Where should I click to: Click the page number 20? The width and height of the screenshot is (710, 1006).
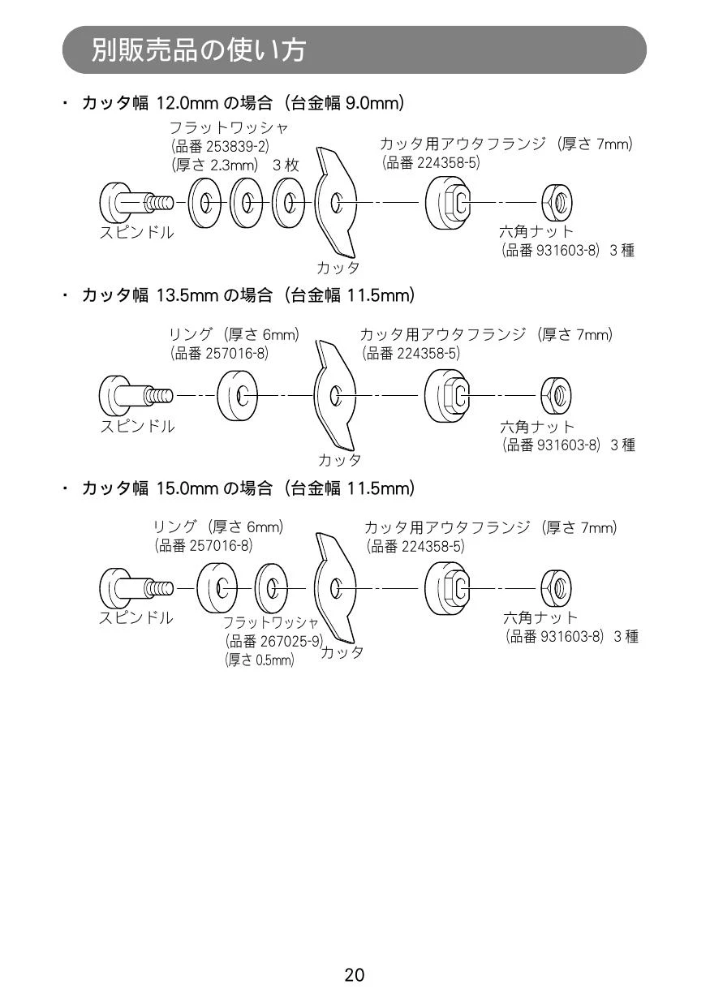pyautogui.click(x=355, y=974)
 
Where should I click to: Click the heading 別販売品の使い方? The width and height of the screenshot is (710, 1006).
pyautogui.click(x=199, y=49)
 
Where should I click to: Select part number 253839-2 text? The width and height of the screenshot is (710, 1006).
pyautogui.click(x=237, y=146)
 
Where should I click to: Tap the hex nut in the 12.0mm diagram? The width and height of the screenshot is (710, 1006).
pyautogui.click(x=557, y=202)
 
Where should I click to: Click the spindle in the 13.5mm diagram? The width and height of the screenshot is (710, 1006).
pyautogui.click(x=136, y=396)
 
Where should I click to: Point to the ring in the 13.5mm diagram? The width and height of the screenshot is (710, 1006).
pyautogui.click(x=237, y=396)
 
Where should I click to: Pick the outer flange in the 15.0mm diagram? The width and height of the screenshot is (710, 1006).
pyautogui.click(x=447, y=588)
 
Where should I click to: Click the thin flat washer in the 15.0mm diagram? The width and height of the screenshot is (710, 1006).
pyautogui.click(x=271, y=588)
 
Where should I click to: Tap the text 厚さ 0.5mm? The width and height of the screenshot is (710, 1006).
pyautogui.click(x=259, y=660)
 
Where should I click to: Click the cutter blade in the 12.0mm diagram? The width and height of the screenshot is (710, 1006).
pyautogui.click(x=336, y=203)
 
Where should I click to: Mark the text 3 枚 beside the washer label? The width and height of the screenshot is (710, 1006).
pyautogui.click(x=286, y=166)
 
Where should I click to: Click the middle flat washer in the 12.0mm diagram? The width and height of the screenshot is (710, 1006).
pyautogui.click(x=246, y=203)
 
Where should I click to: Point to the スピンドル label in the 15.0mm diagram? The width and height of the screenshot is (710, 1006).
pyautogui.click(x=136, y=618)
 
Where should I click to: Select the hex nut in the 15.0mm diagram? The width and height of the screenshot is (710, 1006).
pyautogui.click(x=557, y=588)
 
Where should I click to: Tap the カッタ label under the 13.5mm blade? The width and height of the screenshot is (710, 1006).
pyautogui.click(x=339, y=460)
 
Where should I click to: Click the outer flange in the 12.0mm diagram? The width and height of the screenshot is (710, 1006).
pyautogui.click(x=448, y=202)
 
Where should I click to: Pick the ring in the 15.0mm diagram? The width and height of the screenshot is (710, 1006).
pyautogui.click(x=217, y=588)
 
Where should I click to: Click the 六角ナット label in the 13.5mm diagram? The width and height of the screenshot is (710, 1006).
pyautogui.click(x=537, y=427)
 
